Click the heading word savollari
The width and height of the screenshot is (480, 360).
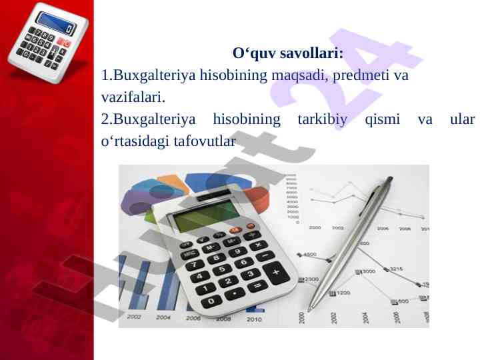311,53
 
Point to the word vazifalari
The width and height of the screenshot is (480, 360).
133,97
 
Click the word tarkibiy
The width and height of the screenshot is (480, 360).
323,119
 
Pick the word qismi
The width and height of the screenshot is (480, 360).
383,119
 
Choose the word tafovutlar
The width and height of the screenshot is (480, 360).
205,141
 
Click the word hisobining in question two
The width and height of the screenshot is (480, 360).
247,119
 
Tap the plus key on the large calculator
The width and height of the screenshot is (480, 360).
276,272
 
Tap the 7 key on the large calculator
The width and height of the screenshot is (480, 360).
195,265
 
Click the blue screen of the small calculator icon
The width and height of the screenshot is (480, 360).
56,23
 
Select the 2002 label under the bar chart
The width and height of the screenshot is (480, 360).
133,317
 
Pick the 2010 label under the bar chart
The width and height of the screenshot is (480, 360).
254,319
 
